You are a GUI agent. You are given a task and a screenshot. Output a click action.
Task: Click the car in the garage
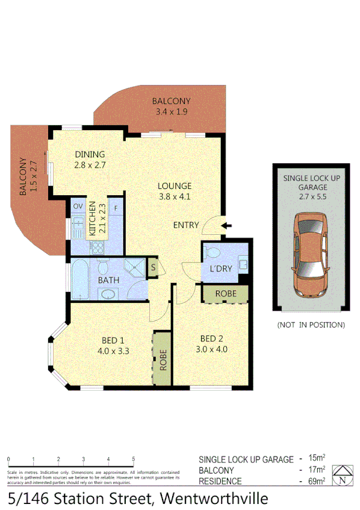[310, 255]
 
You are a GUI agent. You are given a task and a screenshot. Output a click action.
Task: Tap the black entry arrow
[226, 226]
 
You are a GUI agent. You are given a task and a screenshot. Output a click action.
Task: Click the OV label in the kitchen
[78, 207]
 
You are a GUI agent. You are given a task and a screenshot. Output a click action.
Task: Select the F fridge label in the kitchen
[116, 207]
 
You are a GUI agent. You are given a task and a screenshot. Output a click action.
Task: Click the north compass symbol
[343, 476]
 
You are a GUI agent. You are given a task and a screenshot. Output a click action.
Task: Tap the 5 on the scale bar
[132, 459]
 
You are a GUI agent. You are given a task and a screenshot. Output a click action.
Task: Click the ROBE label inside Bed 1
[163, 359]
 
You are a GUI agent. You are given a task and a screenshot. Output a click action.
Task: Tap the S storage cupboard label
[153, 268]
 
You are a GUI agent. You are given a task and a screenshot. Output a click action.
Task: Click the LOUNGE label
[175, 186]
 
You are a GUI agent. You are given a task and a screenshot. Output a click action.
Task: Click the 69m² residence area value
[314, 481]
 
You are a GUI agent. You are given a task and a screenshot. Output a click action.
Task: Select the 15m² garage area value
[314, 459]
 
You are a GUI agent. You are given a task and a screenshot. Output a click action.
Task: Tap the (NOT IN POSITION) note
[311, 325]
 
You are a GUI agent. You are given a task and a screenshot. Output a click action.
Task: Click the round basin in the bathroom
[108, 294]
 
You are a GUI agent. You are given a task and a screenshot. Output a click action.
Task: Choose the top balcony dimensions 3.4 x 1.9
[172, 111]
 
